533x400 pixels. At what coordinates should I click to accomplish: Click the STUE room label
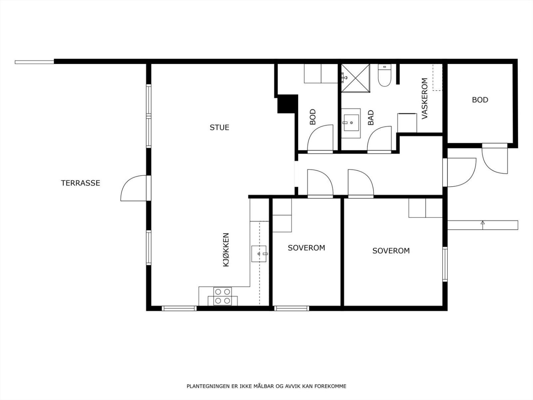219,128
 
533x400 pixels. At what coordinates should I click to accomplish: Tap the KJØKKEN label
226,250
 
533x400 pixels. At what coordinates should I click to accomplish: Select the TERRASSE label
80,183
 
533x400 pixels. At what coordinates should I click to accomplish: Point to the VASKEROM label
424,98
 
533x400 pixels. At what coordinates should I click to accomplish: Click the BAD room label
371,118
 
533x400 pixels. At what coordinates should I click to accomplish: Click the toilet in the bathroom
385,75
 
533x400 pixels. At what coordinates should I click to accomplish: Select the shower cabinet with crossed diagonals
355,78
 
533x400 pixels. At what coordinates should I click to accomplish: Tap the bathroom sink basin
351,123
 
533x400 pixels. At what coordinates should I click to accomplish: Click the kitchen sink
259,254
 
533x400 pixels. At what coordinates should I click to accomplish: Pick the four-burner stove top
223,296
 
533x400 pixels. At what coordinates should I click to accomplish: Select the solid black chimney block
287,104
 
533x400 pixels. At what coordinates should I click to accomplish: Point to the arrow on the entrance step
482,225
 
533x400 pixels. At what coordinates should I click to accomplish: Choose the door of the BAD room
379,140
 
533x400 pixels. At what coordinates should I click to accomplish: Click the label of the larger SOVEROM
391,251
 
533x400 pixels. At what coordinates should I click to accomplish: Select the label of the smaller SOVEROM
306,248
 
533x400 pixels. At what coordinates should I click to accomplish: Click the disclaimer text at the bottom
266,386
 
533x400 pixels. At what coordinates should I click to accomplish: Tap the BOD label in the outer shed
480,100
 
